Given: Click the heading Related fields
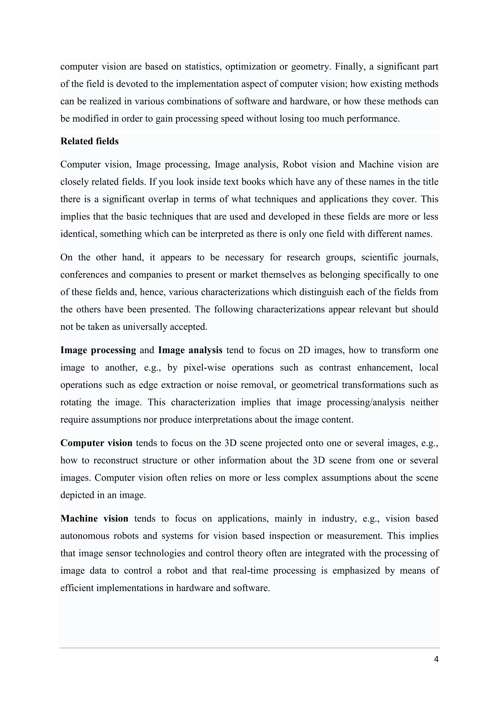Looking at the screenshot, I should pos(89,141).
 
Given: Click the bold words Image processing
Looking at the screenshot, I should pos(98,350).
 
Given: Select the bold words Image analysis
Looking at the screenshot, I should pos(190,350).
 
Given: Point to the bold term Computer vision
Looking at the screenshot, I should pos(96,443).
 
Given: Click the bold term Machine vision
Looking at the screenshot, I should pos(94,518).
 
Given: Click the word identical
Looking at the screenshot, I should pos(78,234).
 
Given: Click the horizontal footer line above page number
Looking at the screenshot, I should pos(249,648).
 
